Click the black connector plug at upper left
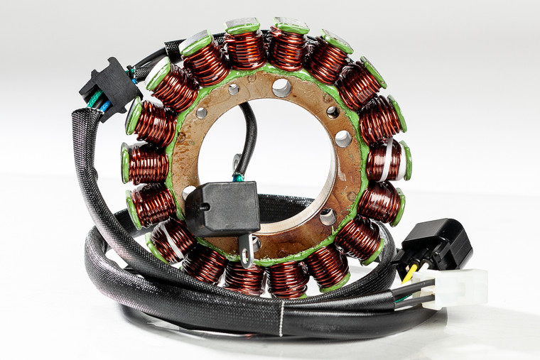click(x=109, y=84)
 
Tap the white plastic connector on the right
click(x=458, y=288)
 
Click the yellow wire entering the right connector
click(x=409, y=271)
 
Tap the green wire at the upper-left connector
click(x=95, y=102)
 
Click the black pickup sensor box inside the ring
click(x=222, y=207)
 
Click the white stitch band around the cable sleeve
click(x=281, y=319)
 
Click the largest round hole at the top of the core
click(x=281, y=87)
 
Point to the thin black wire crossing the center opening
click(x=248, y=138)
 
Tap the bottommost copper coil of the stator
click(x=287, y=278)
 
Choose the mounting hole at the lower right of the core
click(x=328, y=217)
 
